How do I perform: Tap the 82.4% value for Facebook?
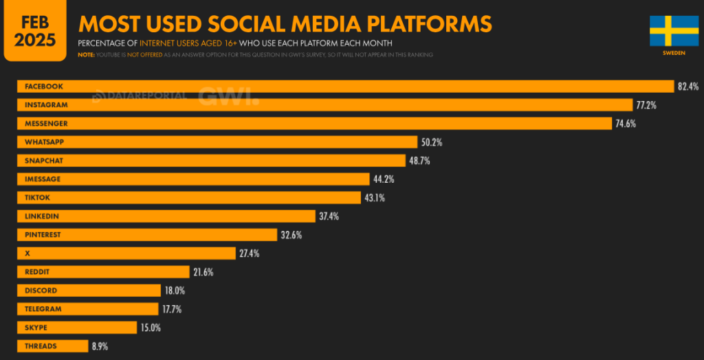pyautogui.click(x=687, y=87)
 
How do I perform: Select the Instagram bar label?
pyautogui.click(x=45, y=105)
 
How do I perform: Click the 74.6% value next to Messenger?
pyautogui.click(x=626, y=124)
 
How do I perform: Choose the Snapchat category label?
pyautogui.click(x=44, y=161)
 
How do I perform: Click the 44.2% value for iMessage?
pyautogui.click(x=384, y=179)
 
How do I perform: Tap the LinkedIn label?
pyautogui.click(x=42, y=216)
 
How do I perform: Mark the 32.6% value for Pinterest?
pyautogui.click(x=291, y=235)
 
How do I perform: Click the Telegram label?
pyautogui.click(x=43, y=309)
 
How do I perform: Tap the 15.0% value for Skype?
pyautogui.click(x=151, y=328)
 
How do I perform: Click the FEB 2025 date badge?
pyautogui.click(x=35, y=31)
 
